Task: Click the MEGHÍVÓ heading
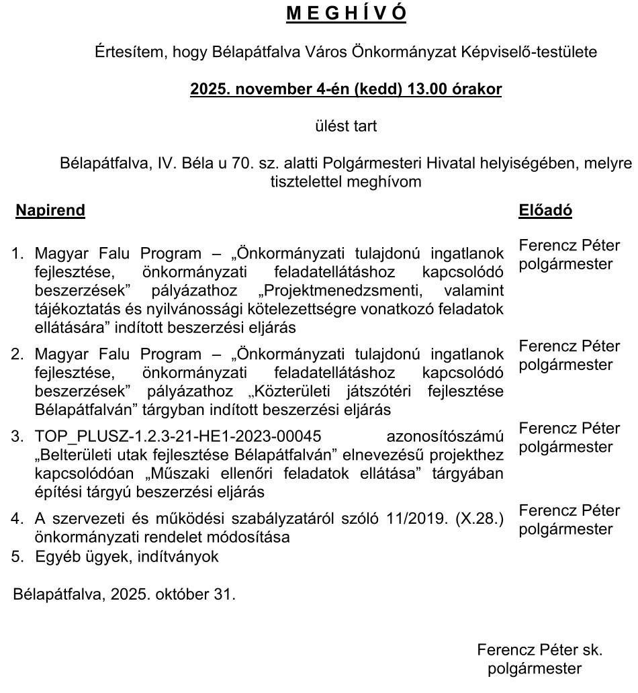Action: [347, 14]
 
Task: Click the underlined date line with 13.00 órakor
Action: [346, 89]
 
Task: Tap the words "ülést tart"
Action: [346, 126]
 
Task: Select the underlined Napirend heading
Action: [50, 210]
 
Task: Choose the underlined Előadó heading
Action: [545, 210]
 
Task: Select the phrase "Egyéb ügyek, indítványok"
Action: [127, 556]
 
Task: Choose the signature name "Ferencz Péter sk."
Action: [539, 650]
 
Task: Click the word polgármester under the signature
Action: [535, 668]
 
